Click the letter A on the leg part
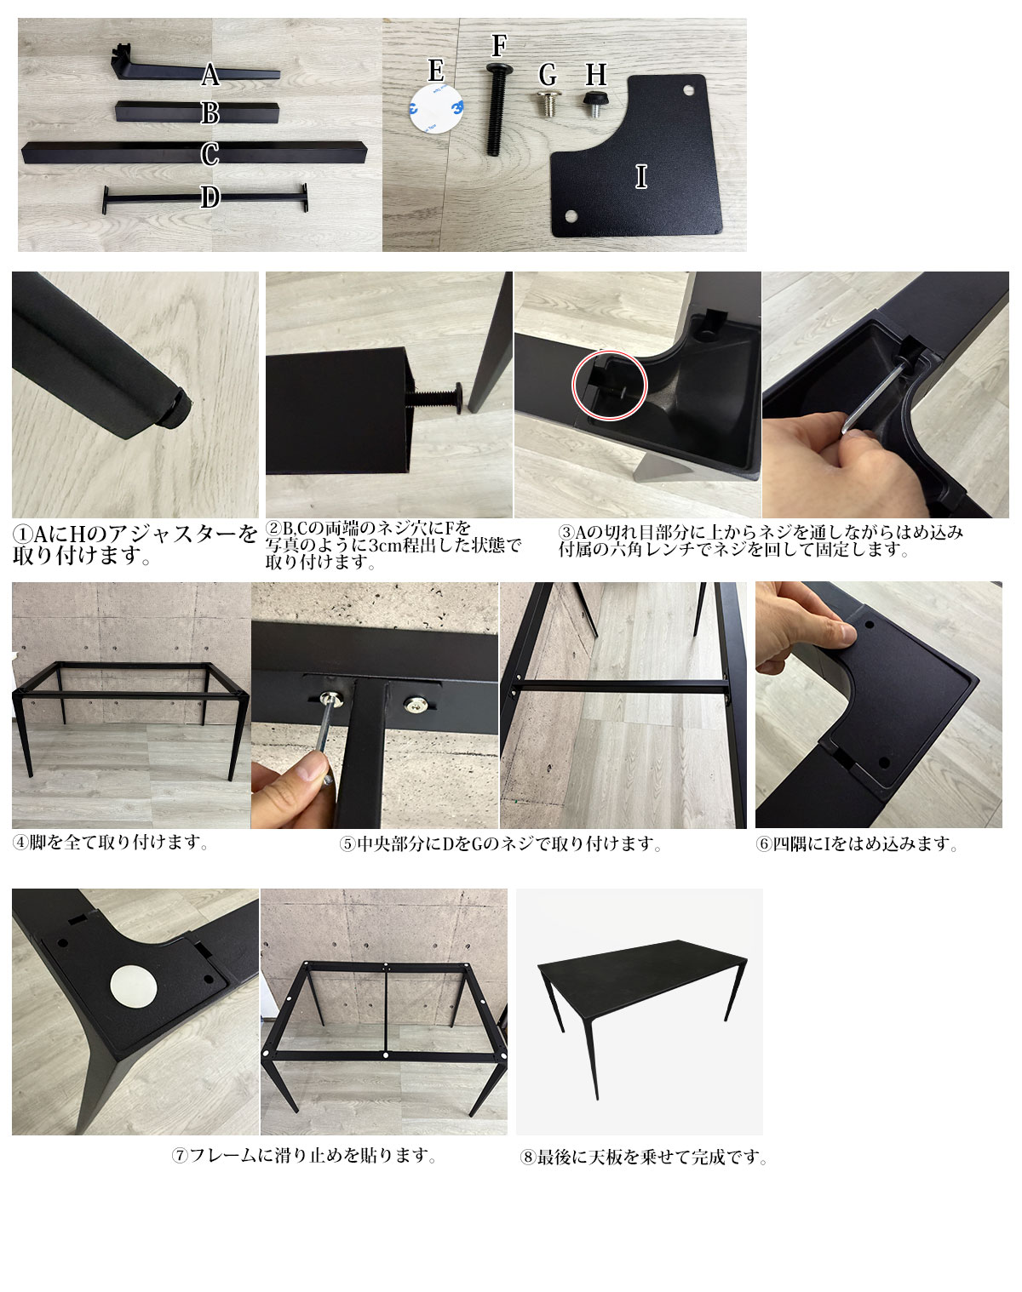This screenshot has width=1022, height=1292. click(210, 74)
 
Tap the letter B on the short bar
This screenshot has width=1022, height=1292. click(210, 113)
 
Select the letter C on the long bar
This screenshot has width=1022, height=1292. click(210, 154)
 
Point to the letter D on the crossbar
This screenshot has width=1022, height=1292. click(210, 197)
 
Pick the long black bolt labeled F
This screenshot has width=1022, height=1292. click(497, 109)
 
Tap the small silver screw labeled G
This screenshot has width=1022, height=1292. click(548, 103)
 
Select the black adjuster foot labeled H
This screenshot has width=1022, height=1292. click(594, 103)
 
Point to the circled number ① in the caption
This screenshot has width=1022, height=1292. click(22, 534)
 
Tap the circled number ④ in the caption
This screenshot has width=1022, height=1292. click(20, 843)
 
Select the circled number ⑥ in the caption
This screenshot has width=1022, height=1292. click(764, 844)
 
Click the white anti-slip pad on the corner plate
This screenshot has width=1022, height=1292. click(134, 986)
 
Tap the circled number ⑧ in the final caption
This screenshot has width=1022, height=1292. click(527, 1157)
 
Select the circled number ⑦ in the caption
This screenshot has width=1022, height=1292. click(180, 1155)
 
